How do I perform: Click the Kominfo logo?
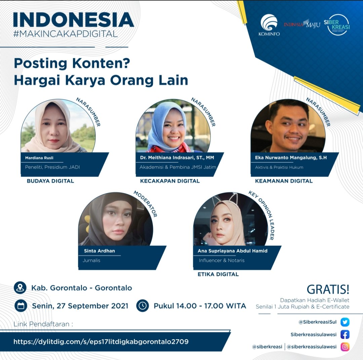click(269, 25)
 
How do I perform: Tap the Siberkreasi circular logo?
click(337, 25)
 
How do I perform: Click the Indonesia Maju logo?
click(302, 24)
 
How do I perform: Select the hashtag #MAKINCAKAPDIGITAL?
click(66, 34)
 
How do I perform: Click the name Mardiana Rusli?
click(39, 158)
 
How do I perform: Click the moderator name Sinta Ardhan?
click(99, 251)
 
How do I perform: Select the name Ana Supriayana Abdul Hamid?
click(233, 251)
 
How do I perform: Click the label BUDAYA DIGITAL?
click(50, 181)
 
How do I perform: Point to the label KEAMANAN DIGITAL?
click(284, 181)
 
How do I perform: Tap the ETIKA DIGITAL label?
click(218, 274)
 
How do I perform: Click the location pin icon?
click(20, 288)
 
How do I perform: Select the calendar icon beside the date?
click(21, 306)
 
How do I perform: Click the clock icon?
click(143, 306)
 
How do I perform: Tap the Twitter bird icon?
click(345, 322)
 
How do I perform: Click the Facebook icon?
click(345, 334)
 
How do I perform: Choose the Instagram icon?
click(345, 347)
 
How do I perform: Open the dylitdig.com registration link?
click(101, 342)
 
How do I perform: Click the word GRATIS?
click(328, 289)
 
